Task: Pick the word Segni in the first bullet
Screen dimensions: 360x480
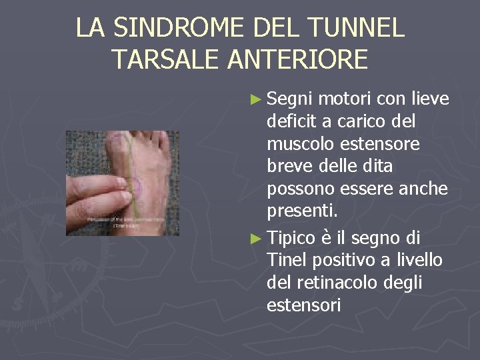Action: pyautogui.click(x=289, y=100)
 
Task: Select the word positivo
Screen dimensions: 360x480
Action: pyautogui.click(x=339, y=259)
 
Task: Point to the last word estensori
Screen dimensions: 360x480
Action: pyautogui.click(x=303, y=305)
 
